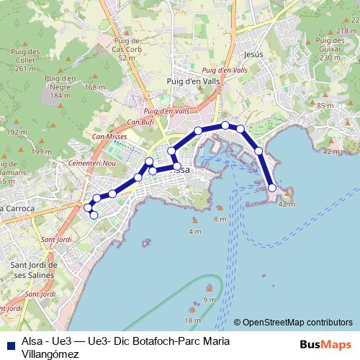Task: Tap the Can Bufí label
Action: click(141, 122)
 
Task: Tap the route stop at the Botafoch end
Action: click(272, 188)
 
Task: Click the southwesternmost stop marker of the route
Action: click(94, 215)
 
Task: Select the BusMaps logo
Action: click(326, 344)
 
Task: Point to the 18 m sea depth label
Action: click(193, 320)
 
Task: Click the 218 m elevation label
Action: click(346, 30)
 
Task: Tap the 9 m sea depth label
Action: click(209, 300)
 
